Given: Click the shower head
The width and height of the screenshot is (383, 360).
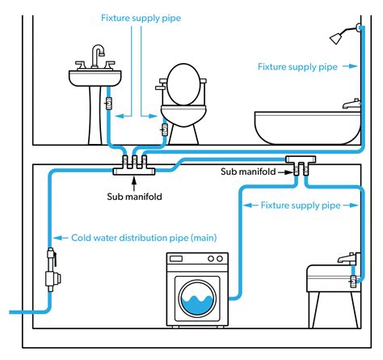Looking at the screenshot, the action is (x=336, y=38).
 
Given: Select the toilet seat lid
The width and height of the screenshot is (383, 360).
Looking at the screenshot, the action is (x=183, y=84).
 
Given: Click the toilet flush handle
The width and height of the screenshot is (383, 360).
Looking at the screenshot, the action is (x=160, y=87).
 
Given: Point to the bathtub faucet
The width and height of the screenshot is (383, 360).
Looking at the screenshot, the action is (x=351, y=104).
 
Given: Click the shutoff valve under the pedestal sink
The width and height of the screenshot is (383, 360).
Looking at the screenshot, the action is (x=108, y=103).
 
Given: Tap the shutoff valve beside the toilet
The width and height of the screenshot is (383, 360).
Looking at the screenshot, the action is (x=164, y=129).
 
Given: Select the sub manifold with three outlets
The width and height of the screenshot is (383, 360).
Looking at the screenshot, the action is (x=134, y=165).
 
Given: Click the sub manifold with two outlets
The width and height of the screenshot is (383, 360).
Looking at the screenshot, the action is (x=301, y=165).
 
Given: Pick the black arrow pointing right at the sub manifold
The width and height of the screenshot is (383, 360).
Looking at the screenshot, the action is (x=285, y=172).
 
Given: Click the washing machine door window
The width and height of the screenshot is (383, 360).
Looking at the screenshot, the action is (x=197, y=298).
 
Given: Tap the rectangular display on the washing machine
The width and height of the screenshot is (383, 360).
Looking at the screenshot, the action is (x=175, y=259).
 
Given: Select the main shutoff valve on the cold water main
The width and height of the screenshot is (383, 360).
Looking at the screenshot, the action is (x=53, y=270).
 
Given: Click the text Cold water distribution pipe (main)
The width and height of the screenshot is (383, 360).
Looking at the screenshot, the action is (x=144, y=238).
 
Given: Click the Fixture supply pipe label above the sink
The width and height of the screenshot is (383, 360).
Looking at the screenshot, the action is (x=141, y=18).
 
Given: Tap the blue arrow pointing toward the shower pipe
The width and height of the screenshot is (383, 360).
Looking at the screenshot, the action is (x=350, y=66).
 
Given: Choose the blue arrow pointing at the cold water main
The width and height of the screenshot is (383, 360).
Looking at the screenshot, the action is (x=61, y=238).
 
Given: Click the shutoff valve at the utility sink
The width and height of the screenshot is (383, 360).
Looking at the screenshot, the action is (x=353, y=282).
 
